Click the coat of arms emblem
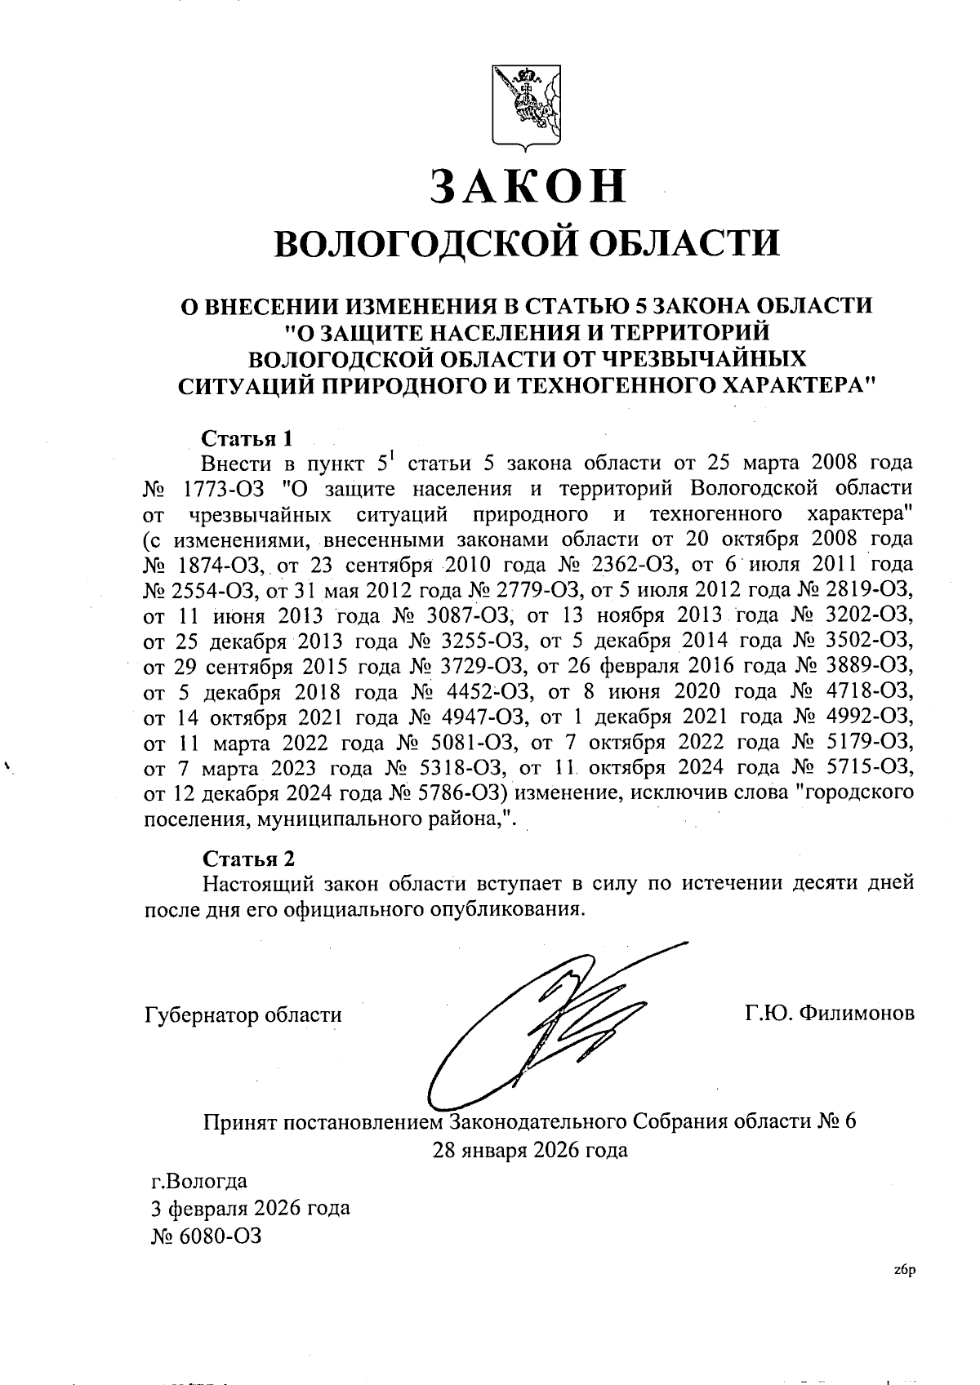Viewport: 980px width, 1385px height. tap(527, 105)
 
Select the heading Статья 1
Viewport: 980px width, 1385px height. tap(247, 438)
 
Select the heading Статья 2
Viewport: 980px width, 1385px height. tap(247, 859)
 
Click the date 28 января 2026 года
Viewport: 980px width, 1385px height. tap(530, 1151)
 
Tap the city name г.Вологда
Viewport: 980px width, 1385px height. tap(199, 1181)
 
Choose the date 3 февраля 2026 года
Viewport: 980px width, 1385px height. tap(251, 1207)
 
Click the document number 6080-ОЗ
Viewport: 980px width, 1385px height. tap(221, 1236)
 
